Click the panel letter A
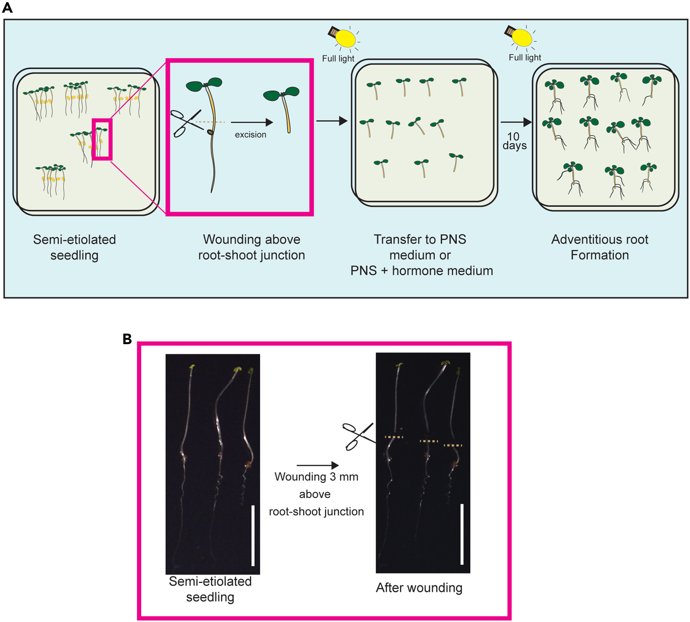[x=7, y=7]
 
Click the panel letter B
[x=127, y=339]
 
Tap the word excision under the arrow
[x=250, y=135]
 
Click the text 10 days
[x=514, y=141]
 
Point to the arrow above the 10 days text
[x=516, y=122]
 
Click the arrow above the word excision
[x=252, y=122]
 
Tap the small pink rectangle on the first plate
[x=102, y=139]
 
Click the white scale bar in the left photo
[x=253, y=536]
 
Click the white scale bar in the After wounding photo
[x=462, y=534]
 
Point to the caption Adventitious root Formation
[x=600, y=247]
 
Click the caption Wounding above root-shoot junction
[x=252, y=247]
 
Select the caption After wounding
[x=419, y=588]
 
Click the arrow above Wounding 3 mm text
[x=317, y=465]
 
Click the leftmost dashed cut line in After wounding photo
[x=394, y=437]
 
